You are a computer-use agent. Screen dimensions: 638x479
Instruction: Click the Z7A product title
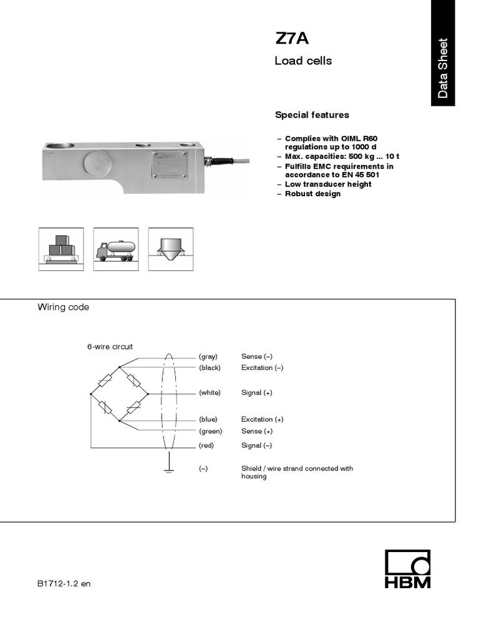291,39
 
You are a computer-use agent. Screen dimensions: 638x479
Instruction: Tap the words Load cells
303,61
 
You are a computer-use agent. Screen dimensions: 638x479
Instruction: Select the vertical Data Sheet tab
443,68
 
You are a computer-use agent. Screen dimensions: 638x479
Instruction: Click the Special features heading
312,115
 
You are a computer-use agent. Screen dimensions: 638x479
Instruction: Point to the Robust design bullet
312,194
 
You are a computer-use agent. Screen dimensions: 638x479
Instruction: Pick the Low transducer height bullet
327,184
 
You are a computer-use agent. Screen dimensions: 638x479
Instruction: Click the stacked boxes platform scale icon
61,249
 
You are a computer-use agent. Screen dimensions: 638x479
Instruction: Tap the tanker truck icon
115,249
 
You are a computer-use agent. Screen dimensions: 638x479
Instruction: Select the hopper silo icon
170,249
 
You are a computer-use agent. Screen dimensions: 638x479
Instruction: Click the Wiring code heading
64,307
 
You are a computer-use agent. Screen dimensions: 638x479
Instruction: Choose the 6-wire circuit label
110,346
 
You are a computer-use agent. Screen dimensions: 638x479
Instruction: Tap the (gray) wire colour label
208,356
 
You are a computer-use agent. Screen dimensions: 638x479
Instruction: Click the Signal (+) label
256,393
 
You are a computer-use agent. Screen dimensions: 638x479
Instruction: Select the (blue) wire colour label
208,419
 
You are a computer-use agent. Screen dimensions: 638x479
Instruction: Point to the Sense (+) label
256,431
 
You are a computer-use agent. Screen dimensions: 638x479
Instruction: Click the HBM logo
407,569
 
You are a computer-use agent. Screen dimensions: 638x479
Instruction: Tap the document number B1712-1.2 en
64,584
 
